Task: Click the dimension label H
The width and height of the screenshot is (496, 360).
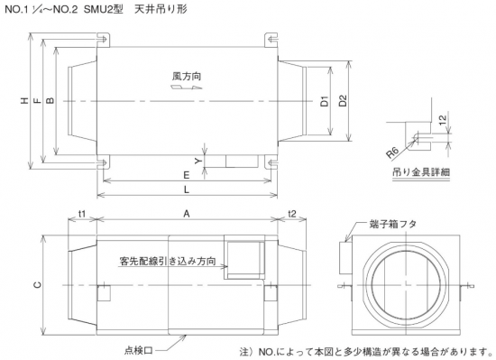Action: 24,100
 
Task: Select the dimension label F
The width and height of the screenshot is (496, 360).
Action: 37,100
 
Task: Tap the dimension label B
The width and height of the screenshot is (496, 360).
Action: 51,100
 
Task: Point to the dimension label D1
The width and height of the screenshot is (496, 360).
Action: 325,101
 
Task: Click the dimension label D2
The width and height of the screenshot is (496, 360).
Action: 343,101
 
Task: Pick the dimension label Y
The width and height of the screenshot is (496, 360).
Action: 198,161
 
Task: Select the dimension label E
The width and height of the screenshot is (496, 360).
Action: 187,175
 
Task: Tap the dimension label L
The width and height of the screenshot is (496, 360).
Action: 187,189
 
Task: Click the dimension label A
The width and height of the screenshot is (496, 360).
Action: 187,214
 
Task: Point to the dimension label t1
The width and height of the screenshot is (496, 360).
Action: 82,214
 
